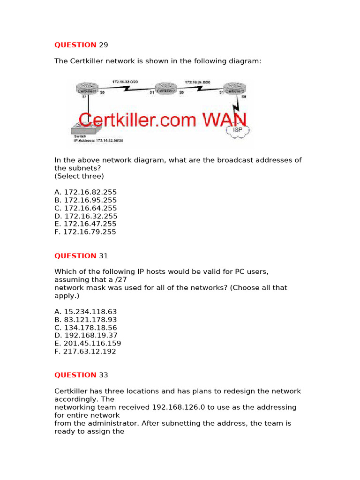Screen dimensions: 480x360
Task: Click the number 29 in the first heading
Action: point(104,45)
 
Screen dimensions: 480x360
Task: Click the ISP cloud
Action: point(237,129)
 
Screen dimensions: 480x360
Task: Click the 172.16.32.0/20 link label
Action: point(124,82)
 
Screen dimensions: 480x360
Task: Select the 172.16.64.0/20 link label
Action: point(197,82)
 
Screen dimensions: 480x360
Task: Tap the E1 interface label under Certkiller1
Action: point(85,97)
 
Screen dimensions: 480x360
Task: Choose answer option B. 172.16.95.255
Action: point(85,200)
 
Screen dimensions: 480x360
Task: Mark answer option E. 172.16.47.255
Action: point(85,224)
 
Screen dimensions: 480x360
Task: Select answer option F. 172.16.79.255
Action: point(85,232)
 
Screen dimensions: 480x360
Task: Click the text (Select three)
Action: point(79,176)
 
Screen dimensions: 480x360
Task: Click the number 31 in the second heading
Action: point(104,256)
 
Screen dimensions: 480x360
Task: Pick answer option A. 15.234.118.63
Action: point(85,312)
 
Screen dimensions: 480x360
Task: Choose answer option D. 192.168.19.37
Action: point(85,336)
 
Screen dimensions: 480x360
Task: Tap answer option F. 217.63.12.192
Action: point(85,352)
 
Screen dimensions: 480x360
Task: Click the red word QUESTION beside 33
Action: point(75,375)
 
